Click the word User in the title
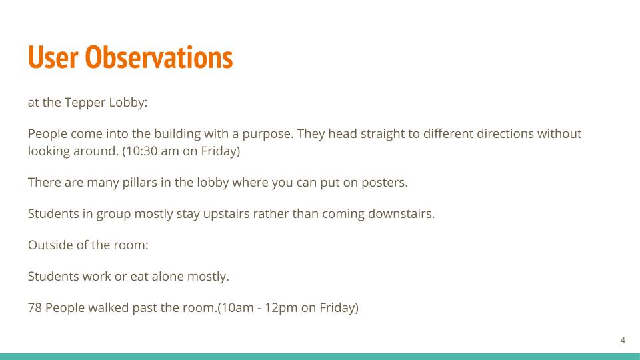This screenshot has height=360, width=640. pos(53,57)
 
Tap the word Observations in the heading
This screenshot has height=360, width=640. pos(159,57)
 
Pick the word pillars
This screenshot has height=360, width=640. pos(139,183)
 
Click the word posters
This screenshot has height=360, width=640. pos(385,183)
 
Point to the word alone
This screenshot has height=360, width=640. pos(168,276)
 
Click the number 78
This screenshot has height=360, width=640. pos(35,308)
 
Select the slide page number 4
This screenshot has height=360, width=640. pos(623,340)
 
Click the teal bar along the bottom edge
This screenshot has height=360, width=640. pos(320,356)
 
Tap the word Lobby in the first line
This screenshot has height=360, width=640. pos(128,103)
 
